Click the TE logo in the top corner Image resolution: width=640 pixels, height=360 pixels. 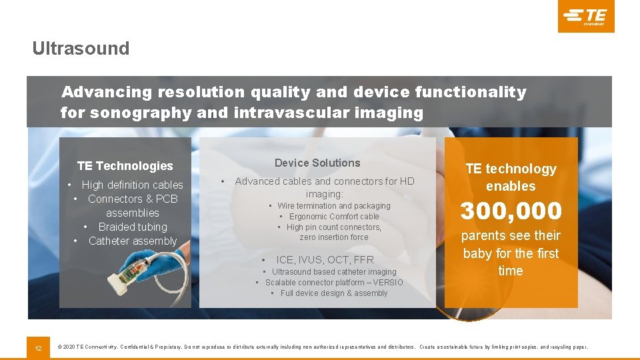pos(585,16)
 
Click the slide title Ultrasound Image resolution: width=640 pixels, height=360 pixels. pos(81,49)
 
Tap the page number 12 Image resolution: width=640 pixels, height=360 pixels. pos(39,347)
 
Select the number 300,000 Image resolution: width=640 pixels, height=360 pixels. pos(511,211)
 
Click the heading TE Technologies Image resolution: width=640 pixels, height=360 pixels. pos(125,166)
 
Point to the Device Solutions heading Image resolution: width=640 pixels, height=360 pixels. pos(317,163)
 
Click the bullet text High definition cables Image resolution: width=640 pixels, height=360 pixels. pos(132,185)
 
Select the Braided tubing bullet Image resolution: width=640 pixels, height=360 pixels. pos(133,227)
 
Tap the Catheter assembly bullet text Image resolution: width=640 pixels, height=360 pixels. pos(133,241)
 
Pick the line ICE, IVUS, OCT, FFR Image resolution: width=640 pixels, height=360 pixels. pos(325,259)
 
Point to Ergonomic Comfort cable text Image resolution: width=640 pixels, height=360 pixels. pos(334,217)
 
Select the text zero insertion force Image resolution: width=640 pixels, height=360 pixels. pos(334,237)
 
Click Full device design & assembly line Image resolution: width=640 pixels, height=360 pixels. pos(333,293)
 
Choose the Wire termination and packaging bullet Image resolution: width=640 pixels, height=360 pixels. pos(334,206)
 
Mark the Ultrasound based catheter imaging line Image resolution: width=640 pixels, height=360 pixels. pos(334,272)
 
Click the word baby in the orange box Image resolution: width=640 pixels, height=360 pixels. pos(477,253)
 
